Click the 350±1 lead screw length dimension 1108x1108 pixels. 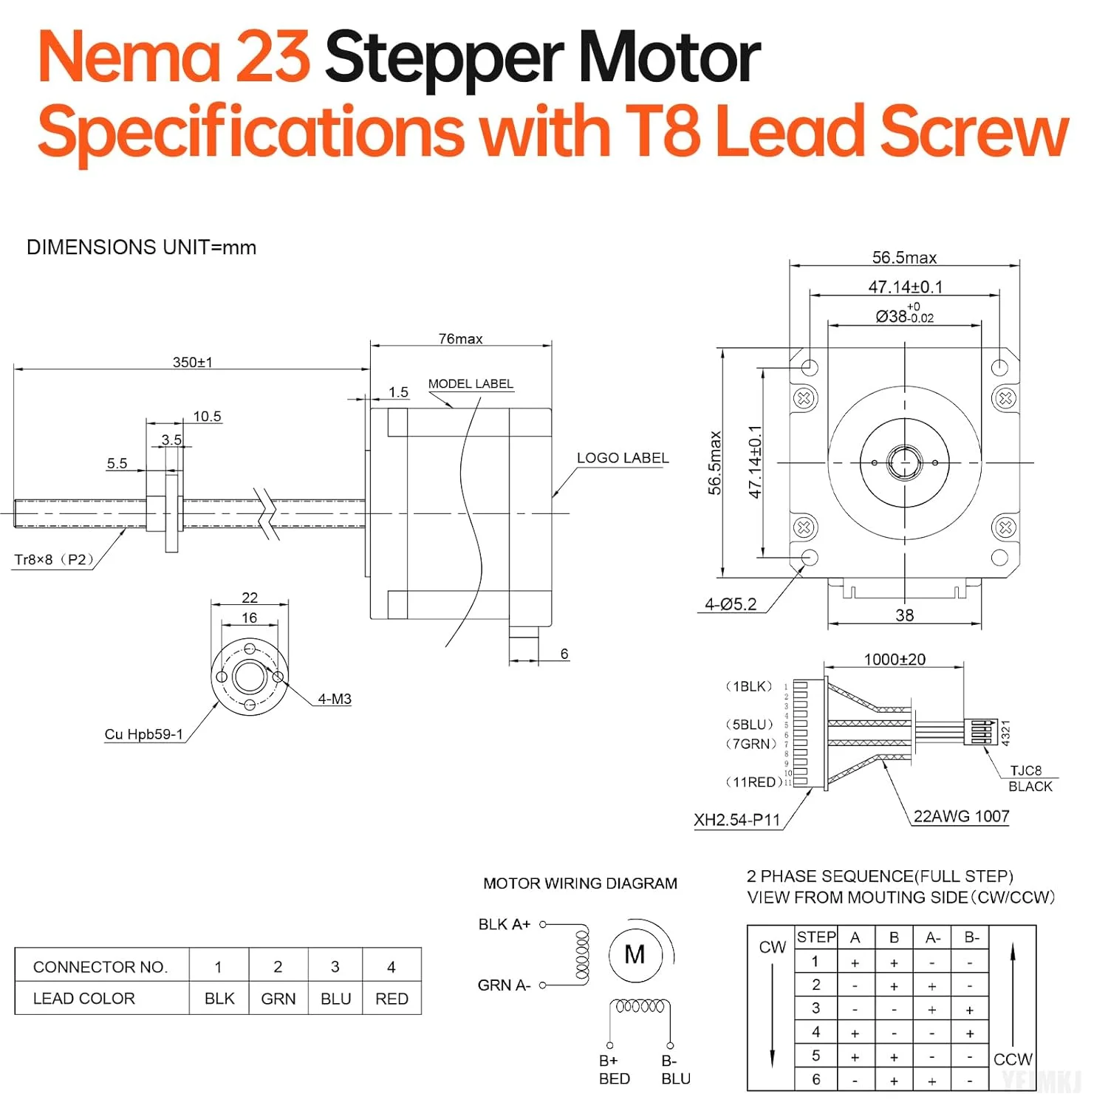pyautogui.click(x=192, y=362)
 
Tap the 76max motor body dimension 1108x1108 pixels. pyautogui.click(x=460, y=338)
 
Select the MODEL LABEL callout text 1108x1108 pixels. pyautogui.click(x=471, y=383)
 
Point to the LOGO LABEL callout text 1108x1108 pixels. pyautogui.click(x=623, y=458)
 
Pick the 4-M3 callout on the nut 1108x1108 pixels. pyautogui.click(x=335, y=699)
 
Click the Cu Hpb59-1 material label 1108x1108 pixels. pyautogui.click(x=143, y=734)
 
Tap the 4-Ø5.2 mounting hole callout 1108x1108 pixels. pyautogui.click(x=731, y=604)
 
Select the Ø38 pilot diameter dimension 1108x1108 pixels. pyautogui.click(x=904, y=315)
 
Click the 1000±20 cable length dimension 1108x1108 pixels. pyautogui.click(x=895, y=659)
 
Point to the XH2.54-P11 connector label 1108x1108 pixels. pyautogui.click(x=736, y=820)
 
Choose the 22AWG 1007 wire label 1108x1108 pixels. pyautogui.click(x=961, y=816)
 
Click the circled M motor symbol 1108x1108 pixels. pyautogui.click(x=635, y=955)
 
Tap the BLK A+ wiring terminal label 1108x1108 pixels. pyautogui.click(x=505, y=924)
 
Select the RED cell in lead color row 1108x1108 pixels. pyautogui.click(x=391, y=999)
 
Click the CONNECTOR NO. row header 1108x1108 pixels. pyautogui.click(x=100, y=967)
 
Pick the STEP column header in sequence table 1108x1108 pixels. pyautogui.click(x=816, y=937)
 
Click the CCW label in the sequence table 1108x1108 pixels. pyautogui.click(x=1013, y=1059)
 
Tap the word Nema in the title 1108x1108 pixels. pyautogui.click(x=129, y=58)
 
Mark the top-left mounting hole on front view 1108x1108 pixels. pyautogui.click(x=810, y=366)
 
